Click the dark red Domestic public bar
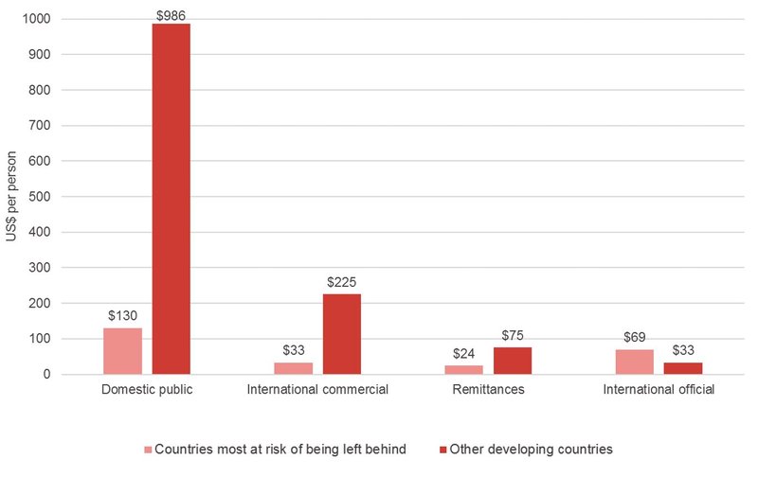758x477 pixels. tap(171, 199)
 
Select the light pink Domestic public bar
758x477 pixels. tap(122, 351)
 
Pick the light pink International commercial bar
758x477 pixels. tap(293, 368)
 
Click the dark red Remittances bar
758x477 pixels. tap(512, 361)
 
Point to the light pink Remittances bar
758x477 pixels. tap(463, 370)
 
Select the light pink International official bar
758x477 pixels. tap(634, 362)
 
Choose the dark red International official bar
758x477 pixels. tap(682, 368)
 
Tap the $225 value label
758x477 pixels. tap(341, 282)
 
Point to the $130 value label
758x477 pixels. tap(122, 316)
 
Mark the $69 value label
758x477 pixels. tap(634, 338)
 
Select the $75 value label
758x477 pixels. tap(512, 336)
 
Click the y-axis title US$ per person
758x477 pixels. tap(11, 196)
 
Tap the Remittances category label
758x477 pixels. tap(488, 390)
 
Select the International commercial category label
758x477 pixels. tap(317, 390)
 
